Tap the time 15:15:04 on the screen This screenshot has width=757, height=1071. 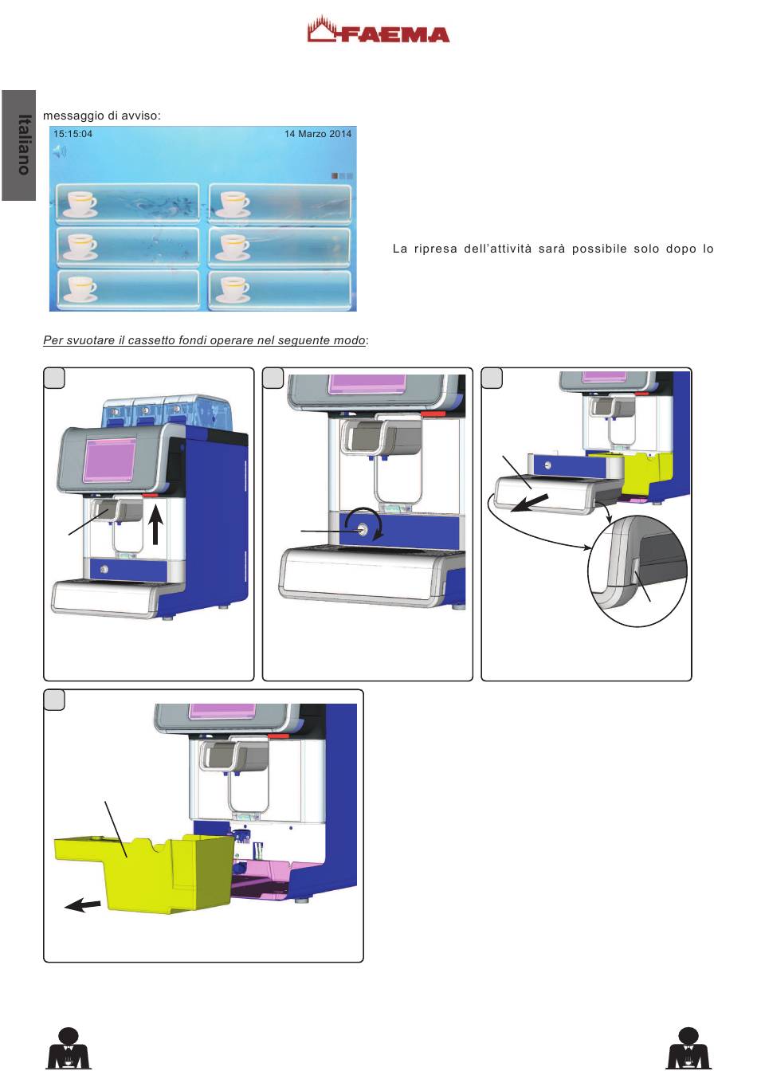tap(73, 134)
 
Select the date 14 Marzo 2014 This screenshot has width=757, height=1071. tap(317, 134)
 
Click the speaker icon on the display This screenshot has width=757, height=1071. tap(60, 150)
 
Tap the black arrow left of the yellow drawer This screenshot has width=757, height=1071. tap(83, 905)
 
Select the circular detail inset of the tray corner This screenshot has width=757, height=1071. tap(637, 570)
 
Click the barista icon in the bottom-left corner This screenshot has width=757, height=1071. tap(69, 1048)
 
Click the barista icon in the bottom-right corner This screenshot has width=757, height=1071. tap(688, 1048)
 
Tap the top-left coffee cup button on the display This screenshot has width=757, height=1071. tap(127, 203)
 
